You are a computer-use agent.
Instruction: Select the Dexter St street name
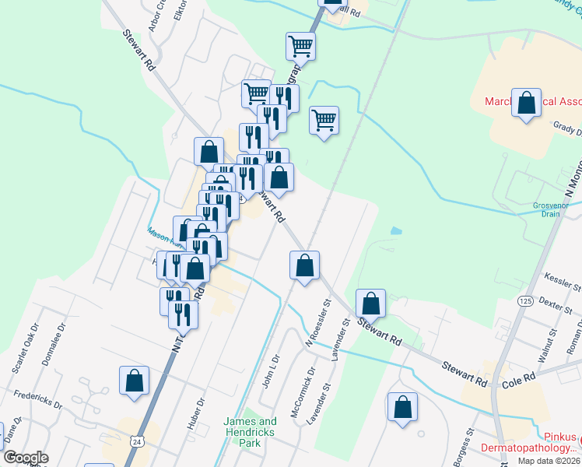(x=556, y=304)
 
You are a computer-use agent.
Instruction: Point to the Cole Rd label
(x=519, y=378)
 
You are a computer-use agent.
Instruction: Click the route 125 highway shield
(x=525, y=300)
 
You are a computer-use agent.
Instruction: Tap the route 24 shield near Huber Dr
(x=136, y=441)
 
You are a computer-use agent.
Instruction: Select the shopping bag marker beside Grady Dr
(x=527, y=104)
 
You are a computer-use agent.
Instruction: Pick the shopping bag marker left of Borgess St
(x=402, y=407)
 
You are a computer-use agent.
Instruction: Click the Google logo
(x=26, y=458)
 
